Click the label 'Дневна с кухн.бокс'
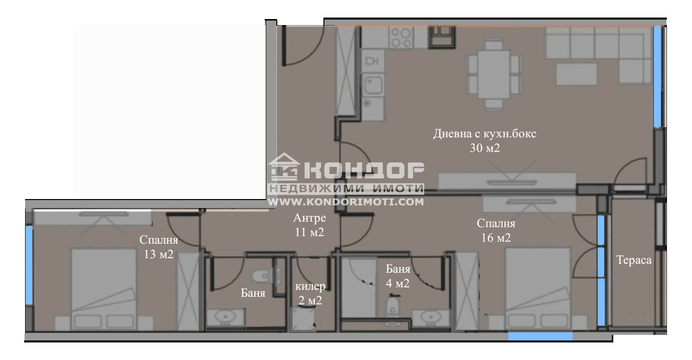(485, 134)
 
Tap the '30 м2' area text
(485, 148)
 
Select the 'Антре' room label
(310, 219)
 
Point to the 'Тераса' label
(634, 260)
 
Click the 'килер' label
(310, 287)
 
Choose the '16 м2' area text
(495, 238)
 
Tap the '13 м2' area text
(158, 254)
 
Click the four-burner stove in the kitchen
(401, 37)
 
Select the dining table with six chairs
(494, 75)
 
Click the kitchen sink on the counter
(374, 86)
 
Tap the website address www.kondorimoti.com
(346, 202)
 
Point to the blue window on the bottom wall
(540, 336)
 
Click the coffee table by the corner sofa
(576, 74)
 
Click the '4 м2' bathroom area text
(398, 283)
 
